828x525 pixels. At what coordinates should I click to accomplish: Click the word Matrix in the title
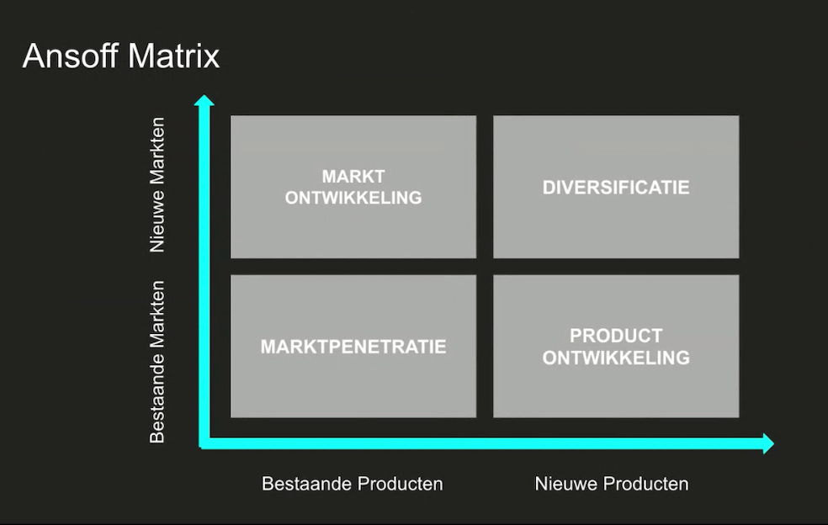point(173,56)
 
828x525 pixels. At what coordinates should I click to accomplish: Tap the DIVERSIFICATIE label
point(616,188)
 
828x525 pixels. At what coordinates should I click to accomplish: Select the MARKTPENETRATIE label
point(353,347)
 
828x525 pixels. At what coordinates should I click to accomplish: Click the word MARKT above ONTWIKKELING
point(353,176)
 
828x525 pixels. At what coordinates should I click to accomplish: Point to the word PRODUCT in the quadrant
point(616,336)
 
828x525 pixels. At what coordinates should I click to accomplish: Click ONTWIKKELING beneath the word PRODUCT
point(616,358)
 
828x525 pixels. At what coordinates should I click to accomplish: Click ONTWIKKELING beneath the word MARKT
point(353,198)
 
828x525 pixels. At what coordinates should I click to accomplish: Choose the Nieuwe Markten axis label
point(157,185)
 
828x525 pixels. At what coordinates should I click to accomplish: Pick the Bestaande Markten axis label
point(157,362)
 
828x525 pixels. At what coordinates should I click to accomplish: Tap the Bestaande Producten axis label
point(353,483)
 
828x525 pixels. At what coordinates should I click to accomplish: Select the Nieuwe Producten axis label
point(612,483)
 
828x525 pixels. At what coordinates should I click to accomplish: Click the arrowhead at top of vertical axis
point(204,100)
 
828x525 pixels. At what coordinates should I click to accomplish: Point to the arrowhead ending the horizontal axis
point(768,443)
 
